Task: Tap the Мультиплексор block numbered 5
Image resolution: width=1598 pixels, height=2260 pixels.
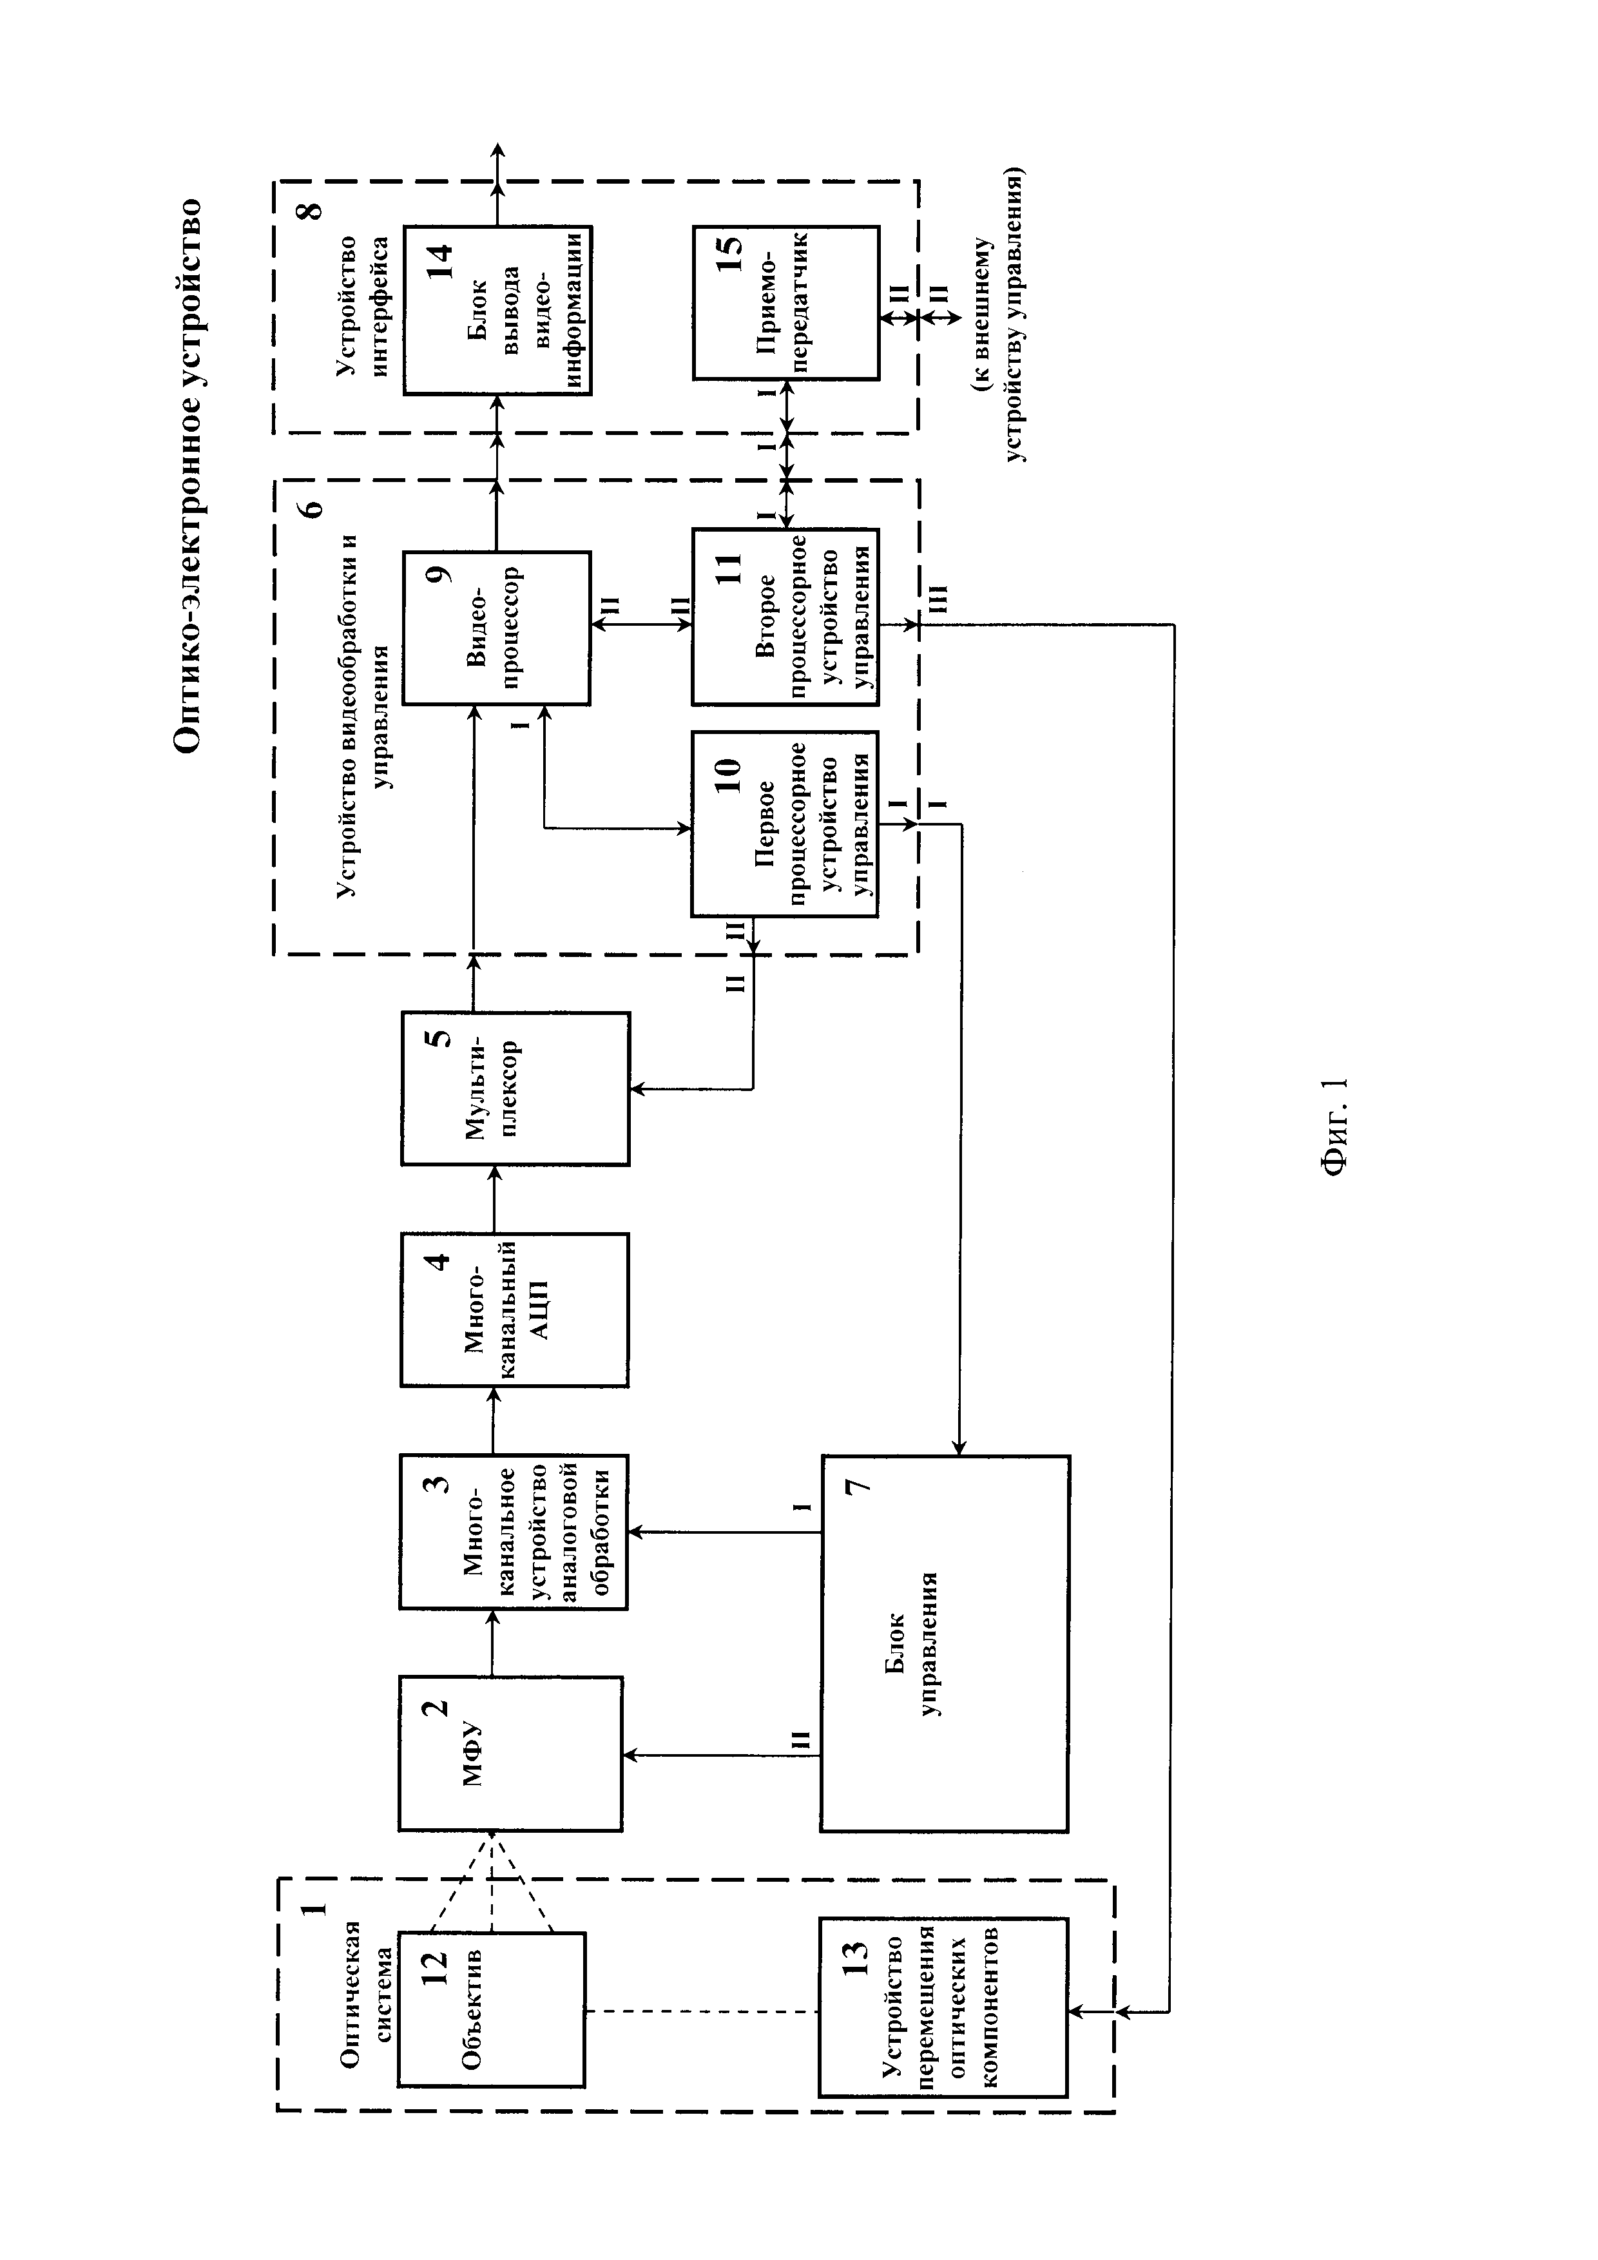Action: (515, 1088)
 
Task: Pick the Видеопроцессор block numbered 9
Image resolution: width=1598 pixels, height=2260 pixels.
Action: (496, 628)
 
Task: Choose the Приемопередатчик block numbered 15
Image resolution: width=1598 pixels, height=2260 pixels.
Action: (785, 302)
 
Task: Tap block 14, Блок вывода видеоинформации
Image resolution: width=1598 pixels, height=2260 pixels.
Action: (497, 310)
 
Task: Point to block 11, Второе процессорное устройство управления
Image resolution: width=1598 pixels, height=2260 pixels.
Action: (784, 617)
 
